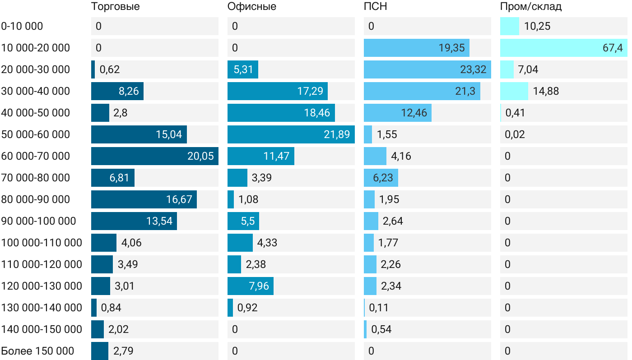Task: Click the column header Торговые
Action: tap(115, 7)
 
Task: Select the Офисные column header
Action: tap(251, 7)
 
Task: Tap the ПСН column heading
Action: tap(375, 7)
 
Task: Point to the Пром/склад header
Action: tap(530, 7)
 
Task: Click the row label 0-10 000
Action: tap(22, 26)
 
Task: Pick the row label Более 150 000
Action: tap(37, 351)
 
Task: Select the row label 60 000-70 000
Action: tap(36, 156)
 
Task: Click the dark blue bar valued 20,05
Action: tap(154, 156)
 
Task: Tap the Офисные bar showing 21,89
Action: tap(291, 134)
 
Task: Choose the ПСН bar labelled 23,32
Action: tap(427, 69)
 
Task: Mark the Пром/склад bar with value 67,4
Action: tap(563, 48)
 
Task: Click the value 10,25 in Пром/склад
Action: tap(537, 26)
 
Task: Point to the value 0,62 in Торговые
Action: tap(110, 69)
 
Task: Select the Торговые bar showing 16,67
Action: tap(144, 199)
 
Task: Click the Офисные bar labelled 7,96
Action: tap(250, 286)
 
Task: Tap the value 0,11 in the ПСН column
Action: tap(379, 308)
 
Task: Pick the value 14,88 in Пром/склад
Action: tap(546, 91)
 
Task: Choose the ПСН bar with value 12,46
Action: tap(397, 113)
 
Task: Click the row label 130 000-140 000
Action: tap(42, 308)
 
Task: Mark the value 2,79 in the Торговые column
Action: tap(123, 351)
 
